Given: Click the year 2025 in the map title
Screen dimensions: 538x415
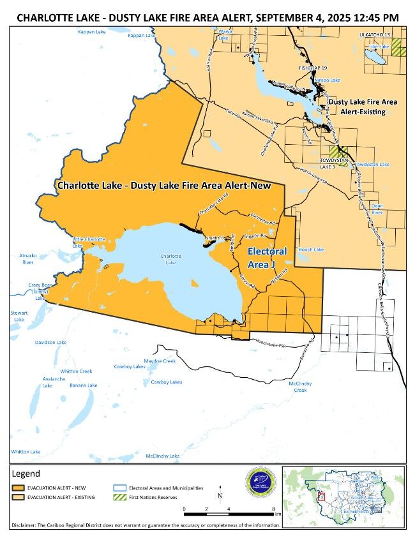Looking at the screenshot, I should (327, 18).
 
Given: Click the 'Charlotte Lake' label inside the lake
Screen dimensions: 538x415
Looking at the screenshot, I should (170, 259).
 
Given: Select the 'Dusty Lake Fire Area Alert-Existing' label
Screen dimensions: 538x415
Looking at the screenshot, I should (362, 107).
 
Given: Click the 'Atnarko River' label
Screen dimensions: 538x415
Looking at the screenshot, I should (27, 258).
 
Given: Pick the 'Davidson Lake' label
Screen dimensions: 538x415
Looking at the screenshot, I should (51, 343).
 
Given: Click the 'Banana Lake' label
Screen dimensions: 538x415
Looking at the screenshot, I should (84, 385).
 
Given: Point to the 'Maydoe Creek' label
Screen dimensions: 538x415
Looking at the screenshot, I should (160, 361).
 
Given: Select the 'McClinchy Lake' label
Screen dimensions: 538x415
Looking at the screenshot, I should (162, 456).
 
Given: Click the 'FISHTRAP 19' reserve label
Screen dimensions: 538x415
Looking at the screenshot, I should (313, 67).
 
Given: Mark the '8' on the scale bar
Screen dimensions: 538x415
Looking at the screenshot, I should (273, 509).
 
